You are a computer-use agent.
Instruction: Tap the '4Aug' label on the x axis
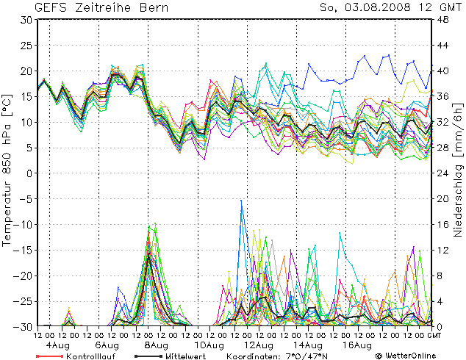coord(58,345)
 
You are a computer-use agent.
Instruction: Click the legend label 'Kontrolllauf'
coord(89,355)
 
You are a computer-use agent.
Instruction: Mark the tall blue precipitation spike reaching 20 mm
coord(241,202)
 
